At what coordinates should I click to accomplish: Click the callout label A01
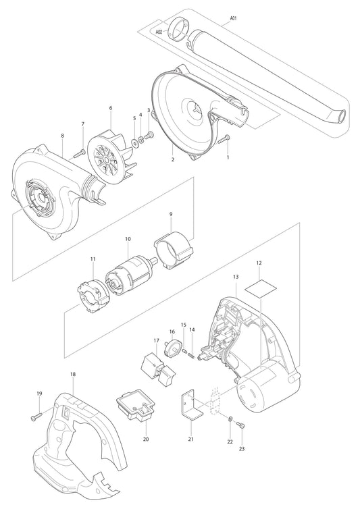coord(233,20)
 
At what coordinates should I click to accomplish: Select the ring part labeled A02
coord(180,30)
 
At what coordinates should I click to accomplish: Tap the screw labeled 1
coord(225,140)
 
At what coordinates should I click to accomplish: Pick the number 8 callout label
coord(62,135)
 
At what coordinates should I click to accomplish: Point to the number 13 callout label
coord(236,277)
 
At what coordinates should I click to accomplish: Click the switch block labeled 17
coord(155,369)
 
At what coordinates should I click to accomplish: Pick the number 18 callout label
coord(73,373)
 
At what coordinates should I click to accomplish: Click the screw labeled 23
coord(243,425)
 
